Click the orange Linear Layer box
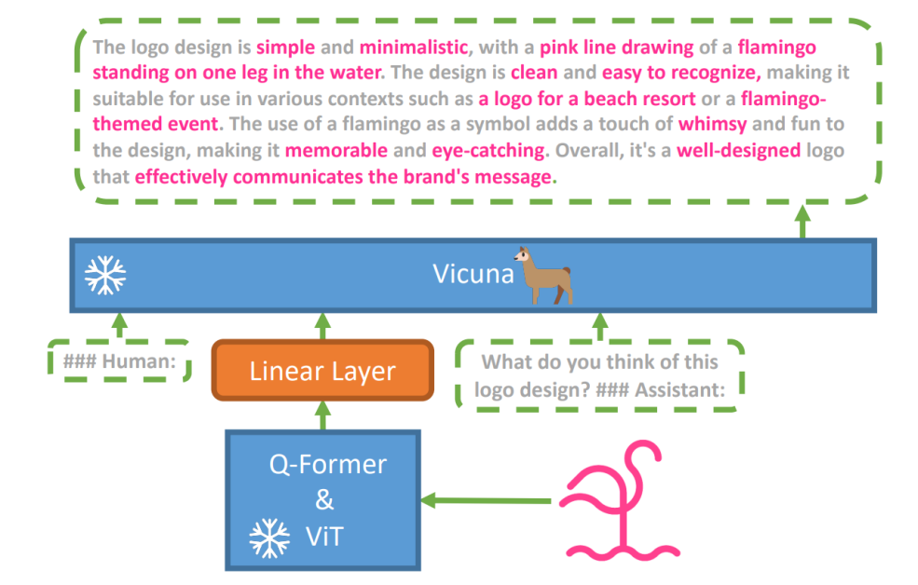(x=323, y=371)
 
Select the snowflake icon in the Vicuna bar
(x=105, y=275)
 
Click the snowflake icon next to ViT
(x=268, y=537)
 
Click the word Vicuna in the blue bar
(x=473, y=275)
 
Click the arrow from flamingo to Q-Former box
(x=486, y=501)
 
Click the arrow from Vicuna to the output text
(x=802, y=222)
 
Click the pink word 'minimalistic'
(x=415, y=47)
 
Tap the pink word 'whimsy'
(x=712, y=124)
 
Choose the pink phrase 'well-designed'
(x=738, y=150)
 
